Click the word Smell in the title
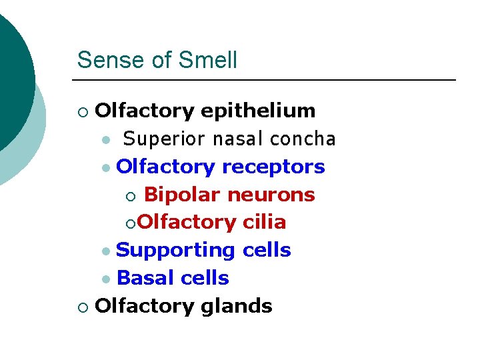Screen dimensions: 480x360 point(209,60)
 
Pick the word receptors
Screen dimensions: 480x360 point(273,167)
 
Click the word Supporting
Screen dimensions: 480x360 point(176,250)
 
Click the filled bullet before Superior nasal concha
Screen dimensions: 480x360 point(107,140)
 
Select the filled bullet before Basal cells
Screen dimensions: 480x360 point(107,279)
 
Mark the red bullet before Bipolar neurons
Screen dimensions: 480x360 point(131,196)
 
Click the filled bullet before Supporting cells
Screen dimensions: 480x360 point(107,251)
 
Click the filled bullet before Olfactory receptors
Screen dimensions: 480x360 point(107,168)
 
